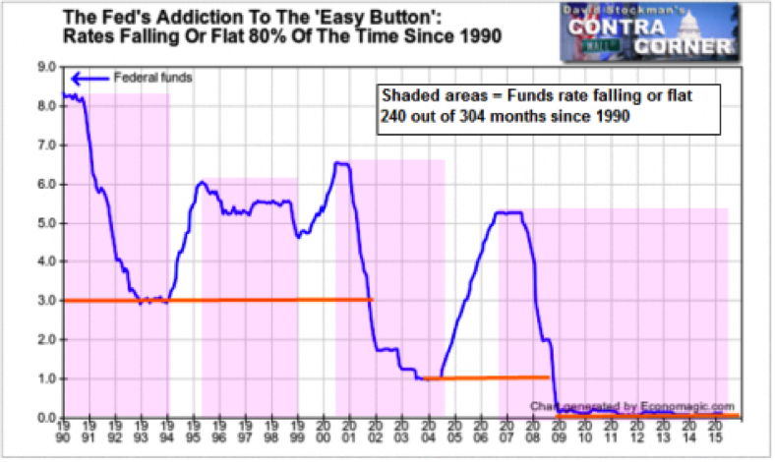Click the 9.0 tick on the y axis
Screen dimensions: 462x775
(46, 68)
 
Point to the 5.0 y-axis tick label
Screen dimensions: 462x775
(46, 223)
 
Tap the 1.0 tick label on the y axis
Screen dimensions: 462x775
(46, 378)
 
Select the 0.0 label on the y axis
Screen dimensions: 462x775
(46, 418)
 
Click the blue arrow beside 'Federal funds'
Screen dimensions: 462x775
(89, 78)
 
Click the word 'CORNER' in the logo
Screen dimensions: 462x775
(683, 46)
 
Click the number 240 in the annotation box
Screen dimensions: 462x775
(392, 116)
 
